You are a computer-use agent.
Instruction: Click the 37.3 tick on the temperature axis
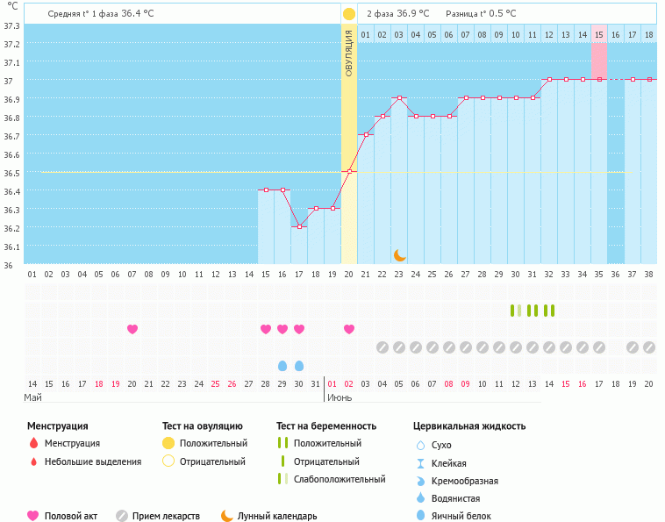(x=11, y=25)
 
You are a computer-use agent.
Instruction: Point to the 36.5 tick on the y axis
(x=11, y=173)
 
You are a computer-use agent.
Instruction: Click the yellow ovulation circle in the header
(x=349, y=14)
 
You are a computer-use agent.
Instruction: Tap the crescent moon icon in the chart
(x=399, y=254)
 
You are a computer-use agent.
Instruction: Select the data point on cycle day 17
(x=299, y=226)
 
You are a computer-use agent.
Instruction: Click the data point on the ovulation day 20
(x=349, y=171)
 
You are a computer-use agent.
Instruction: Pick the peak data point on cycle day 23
(x=399, y=98)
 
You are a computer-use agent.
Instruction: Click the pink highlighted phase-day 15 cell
(x=598, y=34)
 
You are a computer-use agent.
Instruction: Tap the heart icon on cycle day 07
(x=132, y=329)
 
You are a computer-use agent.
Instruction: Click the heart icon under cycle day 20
(x=349, y=329)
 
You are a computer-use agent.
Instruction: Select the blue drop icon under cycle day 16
(x=282, y=365)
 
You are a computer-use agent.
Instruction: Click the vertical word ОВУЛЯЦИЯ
(x=349, y=53)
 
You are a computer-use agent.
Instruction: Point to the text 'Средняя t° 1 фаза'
(x=83, y=14)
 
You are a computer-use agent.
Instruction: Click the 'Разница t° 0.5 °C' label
(x=481, y=14)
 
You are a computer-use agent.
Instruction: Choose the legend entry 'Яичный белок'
(x=461, y=516)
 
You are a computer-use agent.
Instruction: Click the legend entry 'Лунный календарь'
(x=277, y=516)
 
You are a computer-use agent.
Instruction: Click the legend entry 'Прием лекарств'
(x=166, y=516)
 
